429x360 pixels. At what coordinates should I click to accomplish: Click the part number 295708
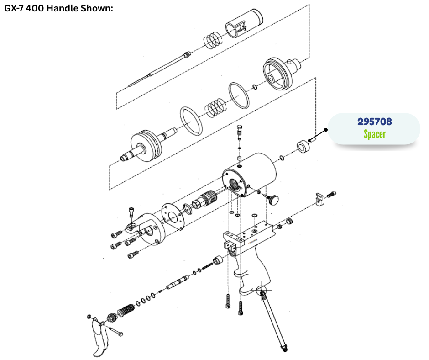(x=375, y=122)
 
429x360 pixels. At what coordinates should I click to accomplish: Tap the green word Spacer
(x=375, y=134)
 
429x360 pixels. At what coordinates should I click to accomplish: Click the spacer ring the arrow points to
(x=303, y=147)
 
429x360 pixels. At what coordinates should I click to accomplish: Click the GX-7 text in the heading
(x=14, y=8)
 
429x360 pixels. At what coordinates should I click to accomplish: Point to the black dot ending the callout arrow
(x=326, y=130)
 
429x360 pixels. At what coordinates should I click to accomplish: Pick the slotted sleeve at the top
(x=244, y=24)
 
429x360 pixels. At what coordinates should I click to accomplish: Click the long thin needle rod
(x=160, y=69)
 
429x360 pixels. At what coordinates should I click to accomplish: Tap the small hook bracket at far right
(x=319, y=200)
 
